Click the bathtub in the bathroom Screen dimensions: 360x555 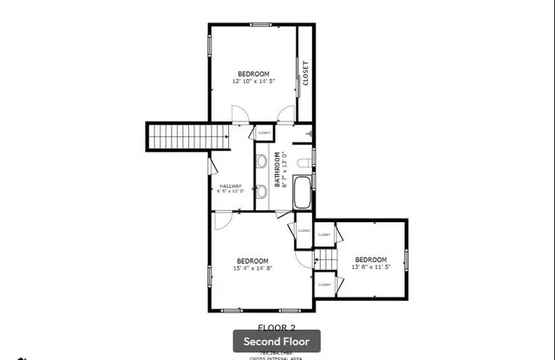303,193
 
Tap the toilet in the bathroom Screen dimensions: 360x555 302,163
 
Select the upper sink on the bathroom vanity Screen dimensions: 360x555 261,160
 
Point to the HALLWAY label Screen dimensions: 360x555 231,186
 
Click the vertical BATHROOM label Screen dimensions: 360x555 278,170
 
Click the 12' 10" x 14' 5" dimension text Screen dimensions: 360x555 253,81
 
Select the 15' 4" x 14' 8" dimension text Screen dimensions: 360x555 252,268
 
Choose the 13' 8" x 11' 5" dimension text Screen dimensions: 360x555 370,266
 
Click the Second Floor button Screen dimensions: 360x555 277,341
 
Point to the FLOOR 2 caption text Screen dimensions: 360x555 277,326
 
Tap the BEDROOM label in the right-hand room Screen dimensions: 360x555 370,259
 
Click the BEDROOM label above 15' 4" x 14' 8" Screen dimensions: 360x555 252,260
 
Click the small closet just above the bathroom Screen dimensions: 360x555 263,133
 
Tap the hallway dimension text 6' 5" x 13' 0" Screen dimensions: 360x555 231,191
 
